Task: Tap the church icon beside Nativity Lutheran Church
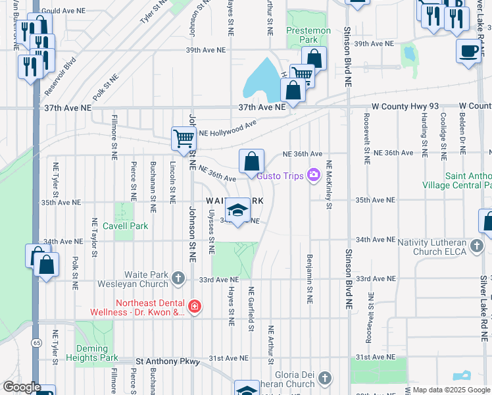click(478, 246)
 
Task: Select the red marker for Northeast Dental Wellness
click(194, 307)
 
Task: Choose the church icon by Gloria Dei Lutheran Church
click(324, 378)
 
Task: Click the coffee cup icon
click(469, 51)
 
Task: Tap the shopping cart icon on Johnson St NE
click(184, 138)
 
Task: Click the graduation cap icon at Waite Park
click(237, 210)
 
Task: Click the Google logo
click(22, 387)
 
